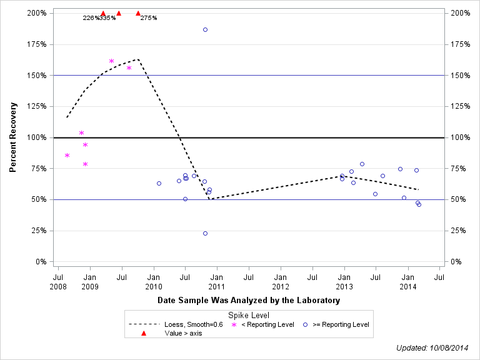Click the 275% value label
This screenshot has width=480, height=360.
coord(149,18)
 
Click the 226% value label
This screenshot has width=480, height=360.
coord(91,18)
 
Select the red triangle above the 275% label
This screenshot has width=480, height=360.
coord(138,12)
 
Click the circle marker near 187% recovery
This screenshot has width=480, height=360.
coord(205,29)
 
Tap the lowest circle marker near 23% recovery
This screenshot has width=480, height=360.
coord(205,233)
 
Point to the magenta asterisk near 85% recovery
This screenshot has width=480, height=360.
coord(67,155)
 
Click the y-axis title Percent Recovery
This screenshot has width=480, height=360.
coord(12,137)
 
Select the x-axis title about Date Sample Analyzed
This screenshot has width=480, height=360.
coord(249,301)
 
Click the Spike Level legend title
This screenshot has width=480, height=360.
coord(249,315)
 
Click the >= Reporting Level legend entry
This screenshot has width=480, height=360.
coord(341,324)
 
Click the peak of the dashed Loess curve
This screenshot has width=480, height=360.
coord(137,59)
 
